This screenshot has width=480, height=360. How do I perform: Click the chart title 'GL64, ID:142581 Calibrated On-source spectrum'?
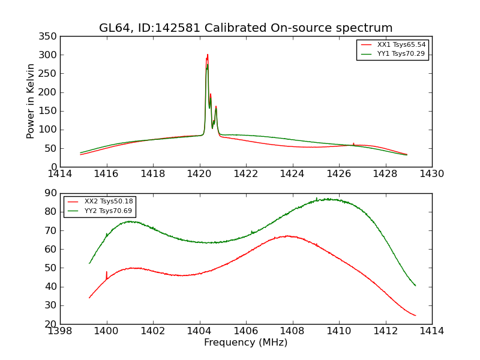(x=246, y=28)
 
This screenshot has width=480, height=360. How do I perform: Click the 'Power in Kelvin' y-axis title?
(x=31, y=101)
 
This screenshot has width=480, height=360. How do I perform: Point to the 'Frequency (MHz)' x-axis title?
(x=245, y=343)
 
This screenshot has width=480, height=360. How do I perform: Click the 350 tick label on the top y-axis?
(x=50, y=37)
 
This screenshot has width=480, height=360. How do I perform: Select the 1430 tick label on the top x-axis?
(x=431, y=174)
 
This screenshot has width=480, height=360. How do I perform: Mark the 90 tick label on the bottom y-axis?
(x=52, y=193)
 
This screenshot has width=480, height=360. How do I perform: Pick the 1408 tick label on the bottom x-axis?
(x=292, y=331)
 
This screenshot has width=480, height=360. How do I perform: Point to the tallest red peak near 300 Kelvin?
(x=208, y=55)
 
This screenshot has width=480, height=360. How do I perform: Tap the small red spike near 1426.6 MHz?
(x=353, y=143)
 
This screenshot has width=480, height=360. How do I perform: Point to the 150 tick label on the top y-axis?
(x=50, y=111)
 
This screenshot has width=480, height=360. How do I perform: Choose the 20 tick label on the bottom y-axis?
(x=52, y=324)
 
